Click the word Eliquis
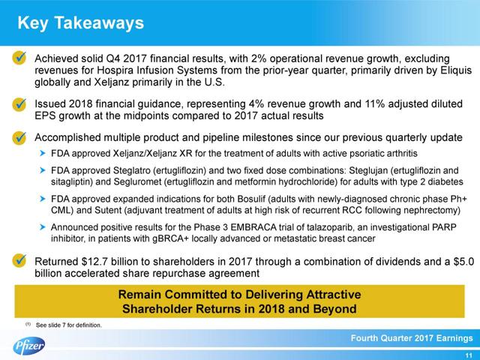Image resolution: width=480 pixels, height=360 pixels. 432,70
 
